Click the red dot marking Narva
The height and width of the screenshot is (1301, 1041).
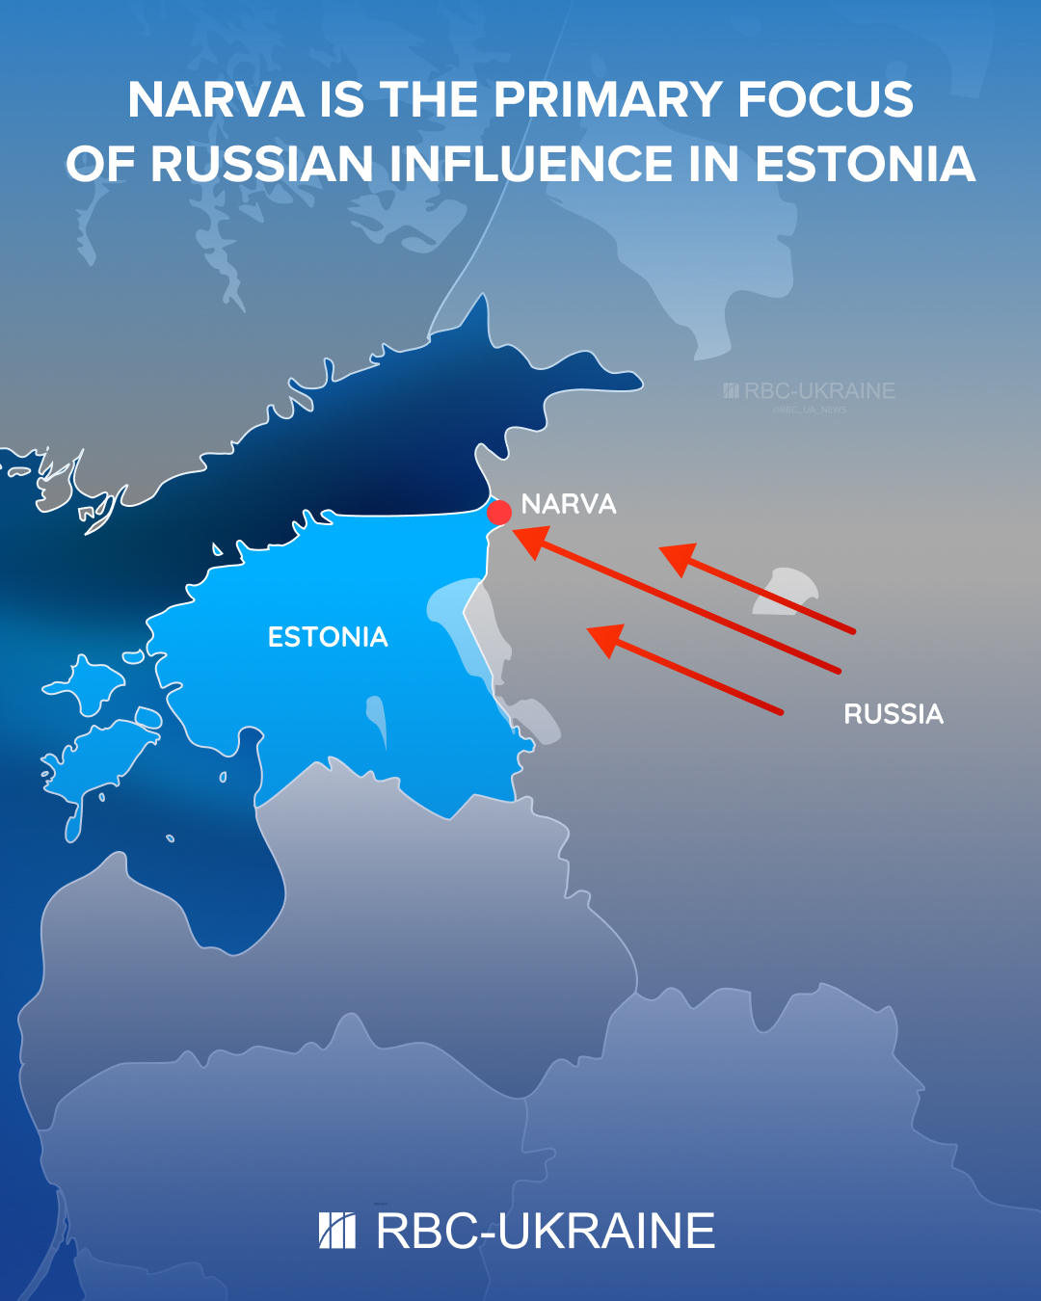point(499,512)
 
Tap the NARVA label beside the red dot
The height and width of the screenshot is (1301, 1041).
point(568,504)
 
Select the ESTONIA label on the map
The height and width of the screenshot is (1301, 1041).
point(328,637)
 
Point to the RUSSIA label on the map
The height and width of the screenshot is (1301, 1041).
point(894,714)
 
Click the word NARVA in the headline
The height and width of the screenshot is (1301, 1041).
point(216,100)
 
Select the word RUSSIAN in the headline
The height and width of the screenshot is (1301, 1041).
point(261,164)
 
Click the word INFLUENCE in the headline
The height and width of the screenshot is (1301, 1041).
point(531,164)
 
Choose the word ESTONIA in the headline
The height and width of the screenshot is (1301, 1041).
point(865,164)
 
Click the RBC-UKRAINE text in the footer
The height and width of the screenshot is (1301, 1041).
point(546,1232)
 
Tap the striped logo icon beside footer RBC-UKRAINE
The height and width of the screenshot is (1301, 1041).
point(337,1231)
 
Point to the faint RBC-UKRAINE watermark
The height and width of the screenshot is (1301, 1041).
point(810,391)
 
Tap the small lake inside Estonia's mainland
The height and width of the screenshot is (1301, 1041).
point(376,717)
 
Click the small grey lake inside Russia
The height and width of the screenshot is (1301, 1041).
point(786,590)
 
